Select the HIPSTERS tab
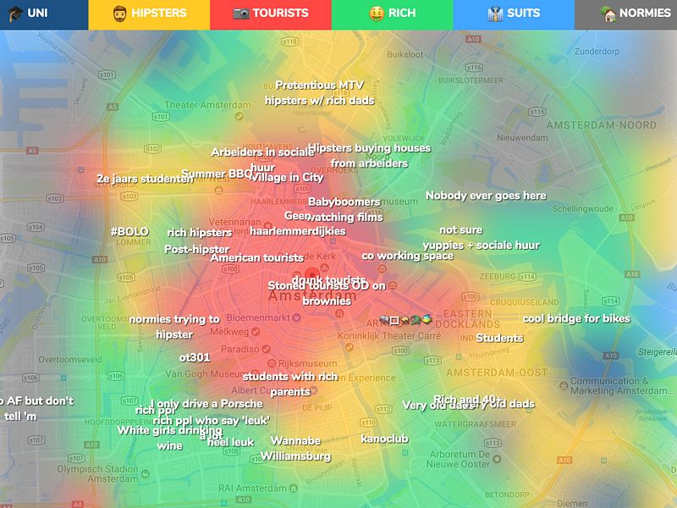coord(149,14)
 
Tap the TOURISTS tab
coord(271,14)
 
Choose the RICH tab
coord(393,14)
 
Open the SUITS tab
coord(515,14)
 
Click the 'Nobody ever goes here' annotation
coord(486,196)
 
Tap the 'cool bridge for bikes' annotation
coord(576,318)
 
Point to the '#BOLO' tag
coord(129,231)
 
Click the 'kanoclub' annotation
coord(384,439)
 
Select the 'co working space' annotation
coord(407,256)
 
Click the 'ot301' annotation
coord(195,357)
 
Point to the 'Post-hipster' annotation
coord(196,249)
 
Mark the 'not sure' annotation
coord(460,229)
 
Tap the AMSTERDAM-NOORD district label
coord(602,125)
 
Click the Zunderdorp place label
coord(597,51)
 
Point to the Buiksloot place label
coord(405,54)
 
